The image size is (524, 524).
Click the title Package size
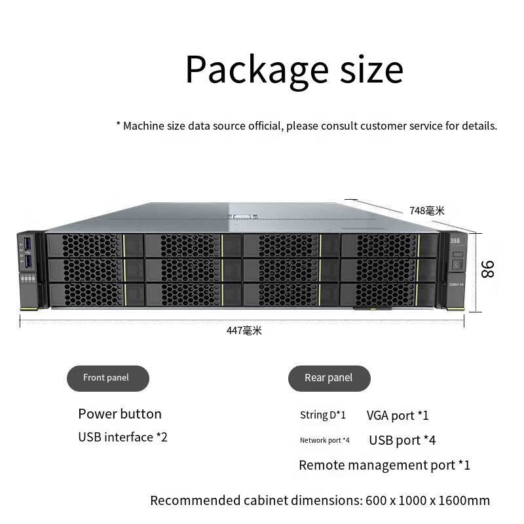tap(294, 69)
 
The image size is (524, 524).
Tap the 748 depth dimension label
tap(426, 210)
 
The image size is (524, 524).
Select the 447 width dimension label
tap(244, 331)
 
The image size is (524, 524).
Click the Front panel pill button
tap(107, 378)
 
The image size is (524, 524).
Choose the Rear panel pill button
tap(329, 378)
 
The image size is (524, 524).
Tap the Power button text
tap(119, 414)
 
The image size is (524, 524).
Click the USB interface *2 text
tap(122, 437)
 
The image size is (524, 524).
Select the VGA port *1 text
tap(398, 415)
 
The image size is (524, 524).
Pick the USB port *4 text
tap(402, 440)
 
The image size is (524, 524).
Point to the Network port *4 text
tap(324, 440)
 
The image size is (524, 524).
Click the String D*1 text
tap(322, 415)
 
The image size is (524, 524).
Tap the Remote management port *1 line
tap(384, 465)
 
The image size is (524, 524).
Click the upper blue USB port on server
tap(28, 246)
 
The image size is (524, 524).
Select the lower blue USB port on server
tap(28, 262)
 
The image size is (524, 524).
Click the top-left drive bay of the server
tap(94, 246)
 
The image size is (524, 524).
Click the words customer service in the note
tap(401, 125)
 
